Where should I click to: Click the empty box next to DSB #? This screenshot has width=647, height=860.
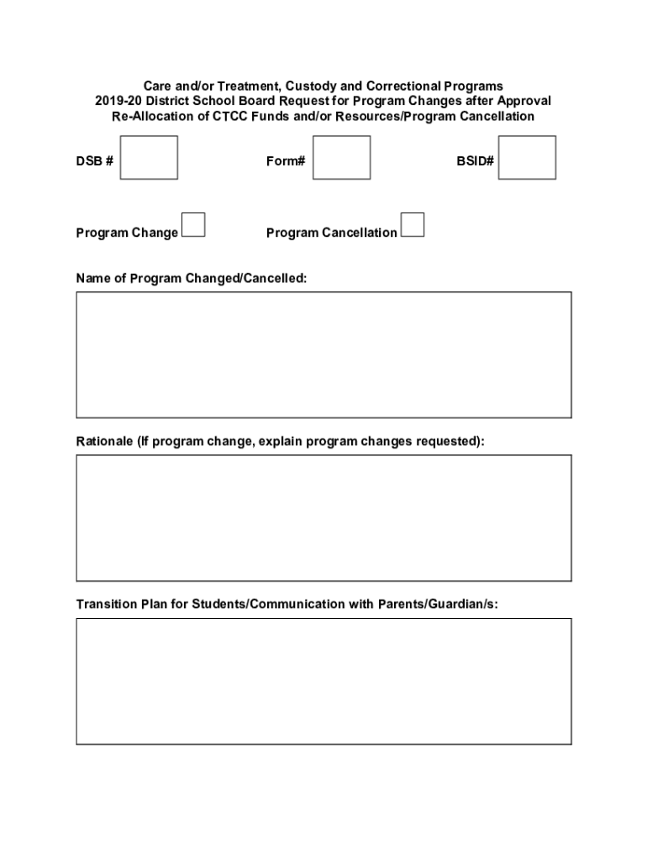(x=149, y=158)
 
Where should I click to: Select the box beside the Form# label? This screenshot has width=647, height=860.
(x=341, y=158)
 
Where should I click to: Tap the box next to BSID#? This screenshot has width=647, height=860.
(x=527, y=158)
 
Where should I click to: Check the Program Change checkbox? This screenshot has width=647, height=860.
(x=194, y=225)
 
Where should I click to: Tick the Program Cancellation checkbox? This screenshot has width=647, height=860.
(x=413, y=225)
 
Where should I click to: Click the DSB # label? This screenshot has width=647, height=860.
(x=94, y=161)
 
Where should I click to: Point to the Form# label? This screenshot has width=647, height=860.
(x=286, y=161)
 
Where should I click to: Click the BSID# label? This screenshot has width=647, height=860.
(x=475, y=161)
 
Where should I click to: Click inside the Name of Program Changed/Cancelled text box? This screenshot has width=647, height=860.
(x=323, y=354)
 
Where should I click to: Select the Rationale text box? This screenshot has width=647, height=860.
(x=323, y=517)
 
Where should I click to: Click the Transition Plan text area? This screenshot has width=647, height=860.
(x=323, y=681)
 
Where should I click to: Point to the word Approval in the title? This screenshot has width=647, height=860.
(x=525, y=101)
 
